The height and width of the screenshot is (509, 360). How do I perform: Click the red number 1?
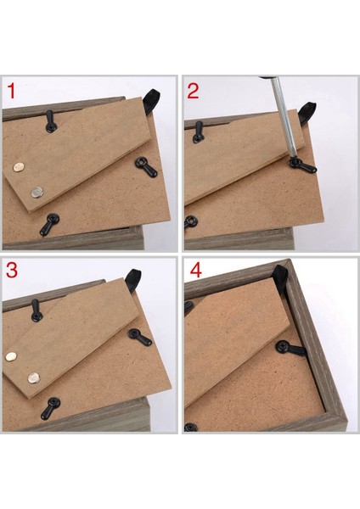(x=11, y=91)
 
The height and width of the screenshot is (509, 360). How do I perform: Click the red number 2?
(x=193, y=91)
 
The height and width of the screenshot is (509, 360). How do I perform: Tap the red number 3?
(x=12, y=270)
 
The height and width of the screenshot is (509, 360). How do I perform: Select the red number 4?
(x=195, y=270)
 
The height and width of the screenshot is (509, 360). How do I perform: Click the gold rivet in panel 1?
(x=19, y=167)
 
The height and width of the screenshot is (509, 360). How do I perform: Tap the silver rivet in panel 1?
(x=37, y=193)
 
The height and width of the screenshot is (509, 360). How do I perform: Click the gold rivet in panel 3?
(x=11, y=356)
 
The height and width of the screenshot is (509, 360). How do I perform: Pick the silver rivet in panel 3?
(x=33, y=378)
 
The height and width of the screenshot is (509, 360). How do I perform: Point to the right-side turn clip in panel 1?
(x=146, y=166)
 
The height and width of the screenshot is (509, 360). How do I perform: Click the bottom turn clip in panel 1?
(x=49, y=224)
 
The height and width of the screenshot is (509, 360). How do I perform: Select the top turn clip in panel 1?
(x=50, y=121)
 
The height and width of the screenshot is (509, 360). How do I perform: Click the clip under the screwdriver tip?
(x=302, y=165)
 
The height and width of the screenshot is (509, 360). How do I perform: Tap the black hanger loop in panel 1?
(x=152, y=101)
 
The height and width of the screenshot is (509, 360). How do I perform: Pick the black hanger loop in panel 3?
(x=132, y=281)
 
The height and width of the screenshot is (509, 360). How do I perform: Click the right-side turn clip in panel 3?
(x=140, y=338)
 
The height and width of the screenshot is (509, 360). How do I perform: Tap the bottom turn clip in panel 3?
(x=50, y=408)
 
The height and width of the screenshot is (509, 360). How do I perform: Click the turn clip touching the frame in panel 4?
(x=290, y=348)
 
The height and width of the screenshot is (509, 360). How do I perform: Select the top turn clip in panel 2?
(x=198, y=132)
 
